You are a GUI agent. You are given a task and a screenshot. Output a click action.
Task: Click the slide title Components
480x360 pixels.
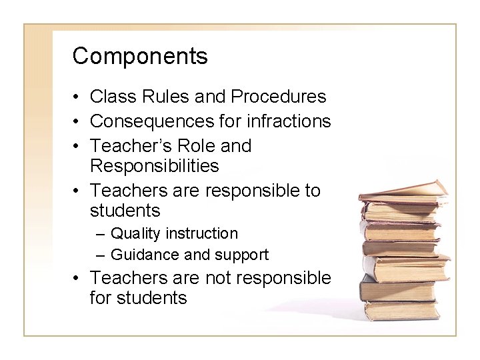[x=140, y=57]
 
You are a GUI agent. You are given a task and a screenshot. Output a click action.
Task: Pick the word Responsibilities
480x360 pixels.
[x=154, y=165]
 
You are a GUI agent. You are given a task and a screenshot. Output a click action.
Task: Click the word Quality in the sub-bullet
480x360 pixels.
[x=135, y=234]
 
